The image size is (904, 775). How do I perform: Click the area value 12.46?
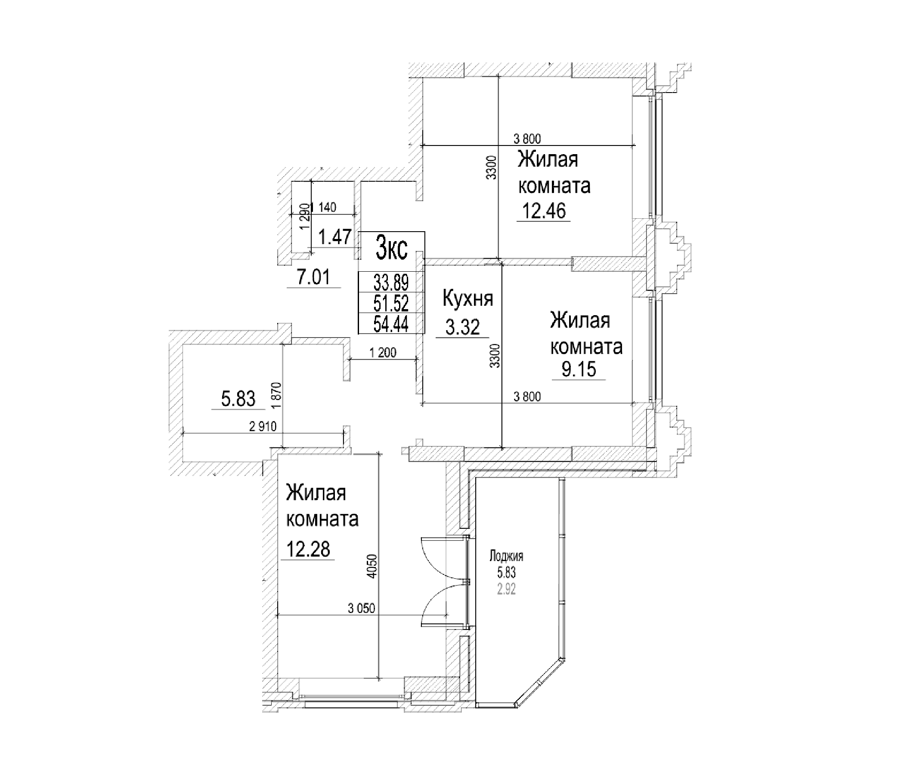tap(544, 211)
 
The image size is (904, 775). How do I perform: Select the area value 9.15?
tap(578, 369)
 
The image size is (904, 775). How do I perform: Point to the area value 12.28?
tap(308, 549)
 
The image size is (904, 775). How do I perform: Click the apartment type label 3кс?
tap(391, 251)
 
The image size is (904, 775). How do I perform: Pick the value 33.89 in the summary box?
tap(391, 283)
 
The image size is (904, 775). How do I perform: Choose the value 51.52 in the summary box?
tap(391, 302)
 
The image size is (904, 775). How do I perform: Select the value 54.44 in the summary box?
tap(391, 324)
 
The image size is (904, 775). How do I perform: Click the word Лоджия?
tap(506, 556)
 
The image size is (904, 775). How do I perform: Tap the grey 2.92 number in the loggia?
tap(506, 589)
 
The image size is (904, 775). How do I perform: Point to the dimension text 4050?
tap(371, 567)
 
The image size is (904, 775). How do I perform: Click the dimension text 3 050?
tap(361, 608)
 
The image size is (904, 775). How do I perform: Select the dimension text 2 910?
tap(263, 426)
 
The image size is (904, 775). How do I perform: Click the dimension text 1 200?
tap(383, 353)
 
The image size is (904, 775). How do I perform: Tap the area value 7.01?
tap(313, 278)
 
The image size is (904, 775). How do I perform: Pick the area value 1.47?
tap(334, 237)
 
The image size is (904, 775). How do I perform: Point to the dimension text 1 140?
tap(325, 208)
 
